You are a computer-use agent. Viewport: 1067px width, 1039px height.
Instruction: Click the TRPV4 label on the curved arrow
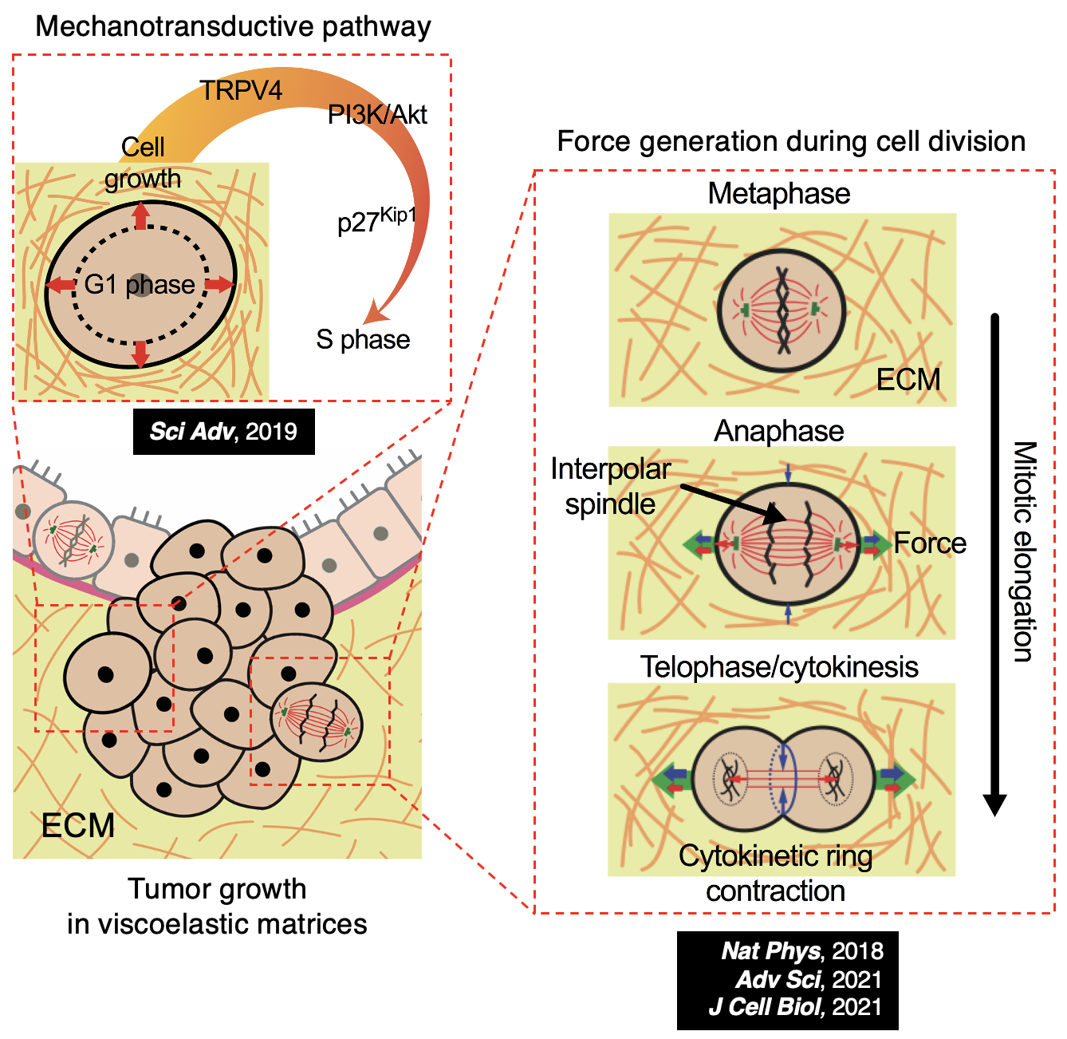click(241, 91)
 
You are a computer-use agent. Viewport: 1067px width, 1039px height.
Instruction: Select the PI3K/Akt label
click(377, 115)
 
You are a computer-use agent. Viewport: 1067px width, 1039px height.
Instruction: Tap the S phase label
click(363, 339)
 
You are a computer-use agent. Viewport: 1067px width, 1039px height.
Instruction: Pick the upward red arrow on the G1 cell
click(140, 215)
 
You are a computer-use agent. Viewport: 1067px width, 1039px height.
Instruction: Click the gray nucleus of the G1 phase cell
click(140, 285)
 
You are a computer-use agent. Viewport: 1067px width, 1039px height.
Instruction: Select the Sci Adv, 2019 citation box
click(223, 432)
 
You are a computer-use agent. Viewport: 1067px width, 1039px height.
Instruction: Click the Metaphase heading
click(778, 193)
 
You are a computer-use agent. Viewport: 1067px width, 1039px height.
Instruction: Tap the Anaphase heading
click(778, 431)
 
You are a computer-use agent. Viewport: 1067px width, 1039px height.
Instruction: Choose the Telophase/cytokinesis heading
click(779, 667)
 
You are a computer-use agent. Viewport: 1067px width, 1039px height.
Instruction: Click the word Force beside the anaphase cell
click(930, 543)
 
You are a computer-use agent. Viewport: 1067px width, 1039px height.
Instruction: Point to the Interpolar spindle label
click(610, 487)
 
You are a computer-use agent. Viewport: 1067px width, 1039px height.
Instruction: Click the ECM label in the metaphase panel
click(908, 380)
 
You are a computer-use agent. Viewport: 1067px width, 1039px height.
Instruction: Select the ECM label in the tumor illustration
click(78, 826)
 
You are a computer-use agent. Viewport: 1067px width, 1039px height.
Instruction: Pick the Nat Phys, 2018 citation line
click(801, 951)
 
